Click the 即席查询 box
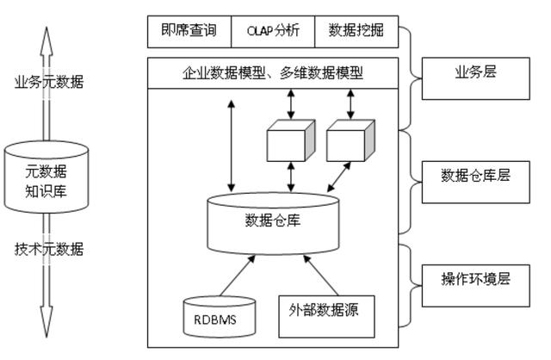[x=189, y=32]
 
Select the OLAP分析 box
[x=273, y=32]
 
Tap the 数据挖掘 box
[x=356, y=32]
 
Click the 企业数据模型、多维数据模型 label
[x=273, y=73]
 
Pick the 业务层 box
[x=476, y=78]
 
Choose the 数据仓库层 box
[x=476, y=182]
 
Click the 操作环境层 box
[x=476, y=286]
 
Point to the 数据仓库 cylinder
[x=273, y=224]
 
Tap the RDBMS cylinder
[x=220, y=317]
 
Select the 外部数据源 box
[x=326, y=316]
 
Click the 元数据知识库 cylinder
[x=46, y=177]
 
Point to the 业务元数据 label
[x=49, y=82]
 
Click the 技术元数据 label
[x=49, y=249]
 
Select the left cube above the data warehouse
[x=291, y=140]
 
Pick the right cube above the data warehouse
[x=350, y=140]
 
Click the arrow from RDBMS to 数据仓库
[x=238, y=276]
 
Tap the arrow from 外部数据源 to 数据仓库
[x=321, y=276]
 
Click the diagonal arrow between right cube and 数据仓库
[x=339, y=177]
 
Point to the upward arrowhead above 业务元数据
[x=46, y=40]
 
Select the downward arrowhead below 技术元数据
[x=46, y=322]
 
